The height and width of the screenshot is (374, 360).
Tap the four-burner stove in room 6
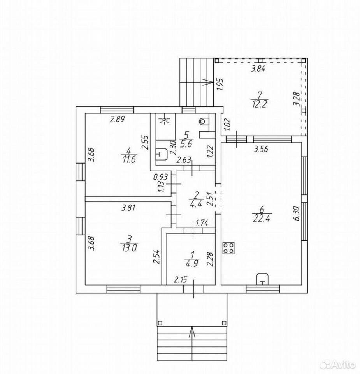(228, 248)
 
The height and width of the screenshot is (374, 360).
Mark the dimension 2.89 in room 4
(116, 119)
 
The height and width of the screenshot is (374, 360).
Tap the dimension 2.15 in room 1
(181, 279)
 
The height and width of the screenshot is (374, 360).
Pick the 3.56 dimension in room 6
(261, 148)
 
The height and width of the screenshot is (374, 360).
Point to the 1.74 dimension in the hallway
(202, 223)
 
